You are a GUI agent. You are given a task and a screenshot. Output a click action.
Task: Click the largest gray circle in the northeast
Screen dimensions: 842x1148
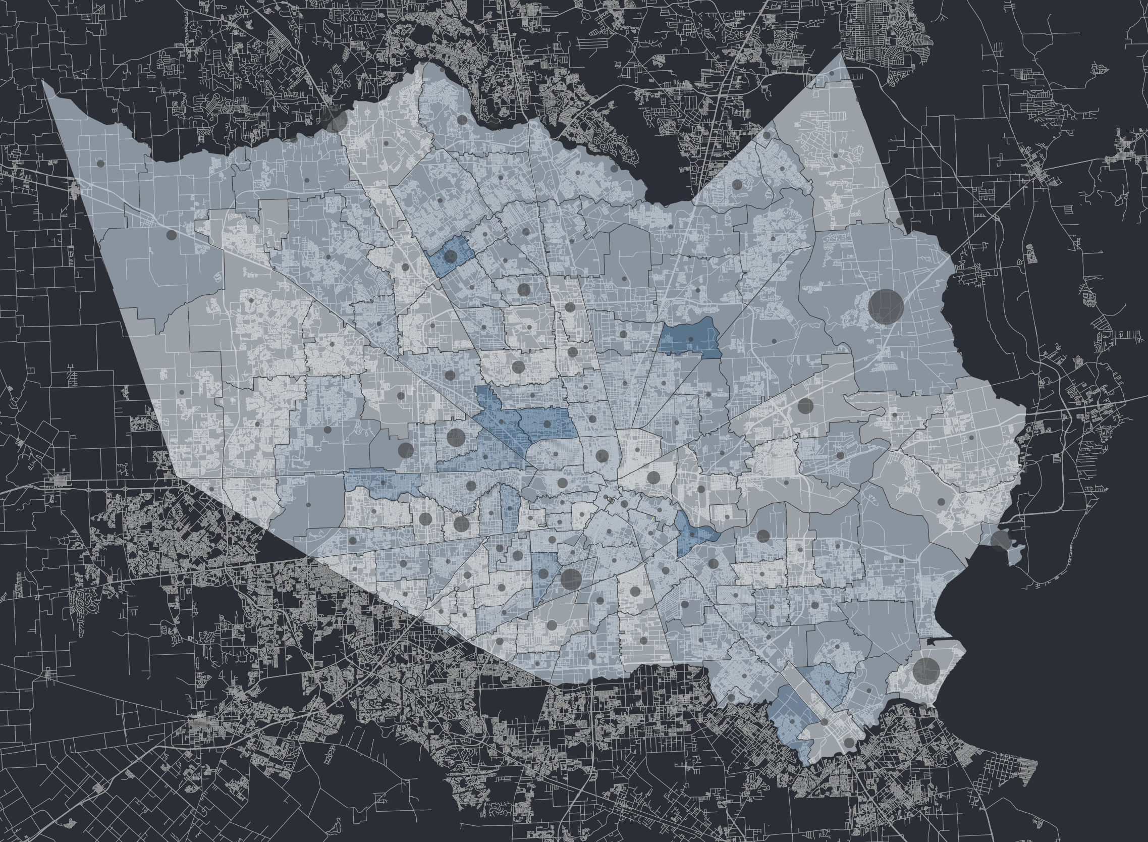point(886,306)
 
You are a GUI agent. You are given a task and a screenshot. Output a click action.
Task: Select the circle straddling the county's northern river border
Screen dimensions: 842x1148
point(336,121)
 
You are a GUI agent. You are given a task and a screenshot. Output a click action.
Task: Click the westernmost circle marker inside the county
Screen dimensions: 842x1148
point(100,164)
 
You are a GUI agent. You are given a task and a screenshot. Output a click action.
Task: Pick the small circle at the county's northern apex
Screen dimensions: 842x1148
point(832,73)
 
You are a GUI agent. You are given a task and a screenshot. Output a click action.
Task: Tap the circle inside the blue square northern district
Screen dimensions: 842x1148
point(451,256)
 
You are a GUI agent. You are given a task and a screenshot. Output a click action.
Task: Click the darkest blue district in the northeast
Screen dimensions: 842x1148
point(690,336)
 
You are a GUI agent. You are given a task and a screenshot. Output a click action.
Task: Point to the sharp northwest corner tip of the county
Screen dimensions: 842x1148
point(45,83)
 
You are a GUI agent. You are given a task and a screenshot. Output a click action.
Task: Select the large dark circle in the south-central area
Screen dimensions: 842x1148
point(571,578)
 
